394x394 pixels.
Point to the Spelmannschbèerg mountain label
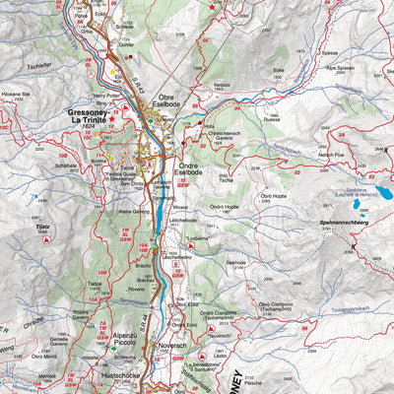[345, 224]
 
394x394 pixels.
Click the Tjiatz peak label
[41, 227]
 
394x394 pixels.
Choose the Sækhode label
[234, 262]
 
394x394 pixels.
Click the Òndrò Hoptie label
[225, 207]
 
